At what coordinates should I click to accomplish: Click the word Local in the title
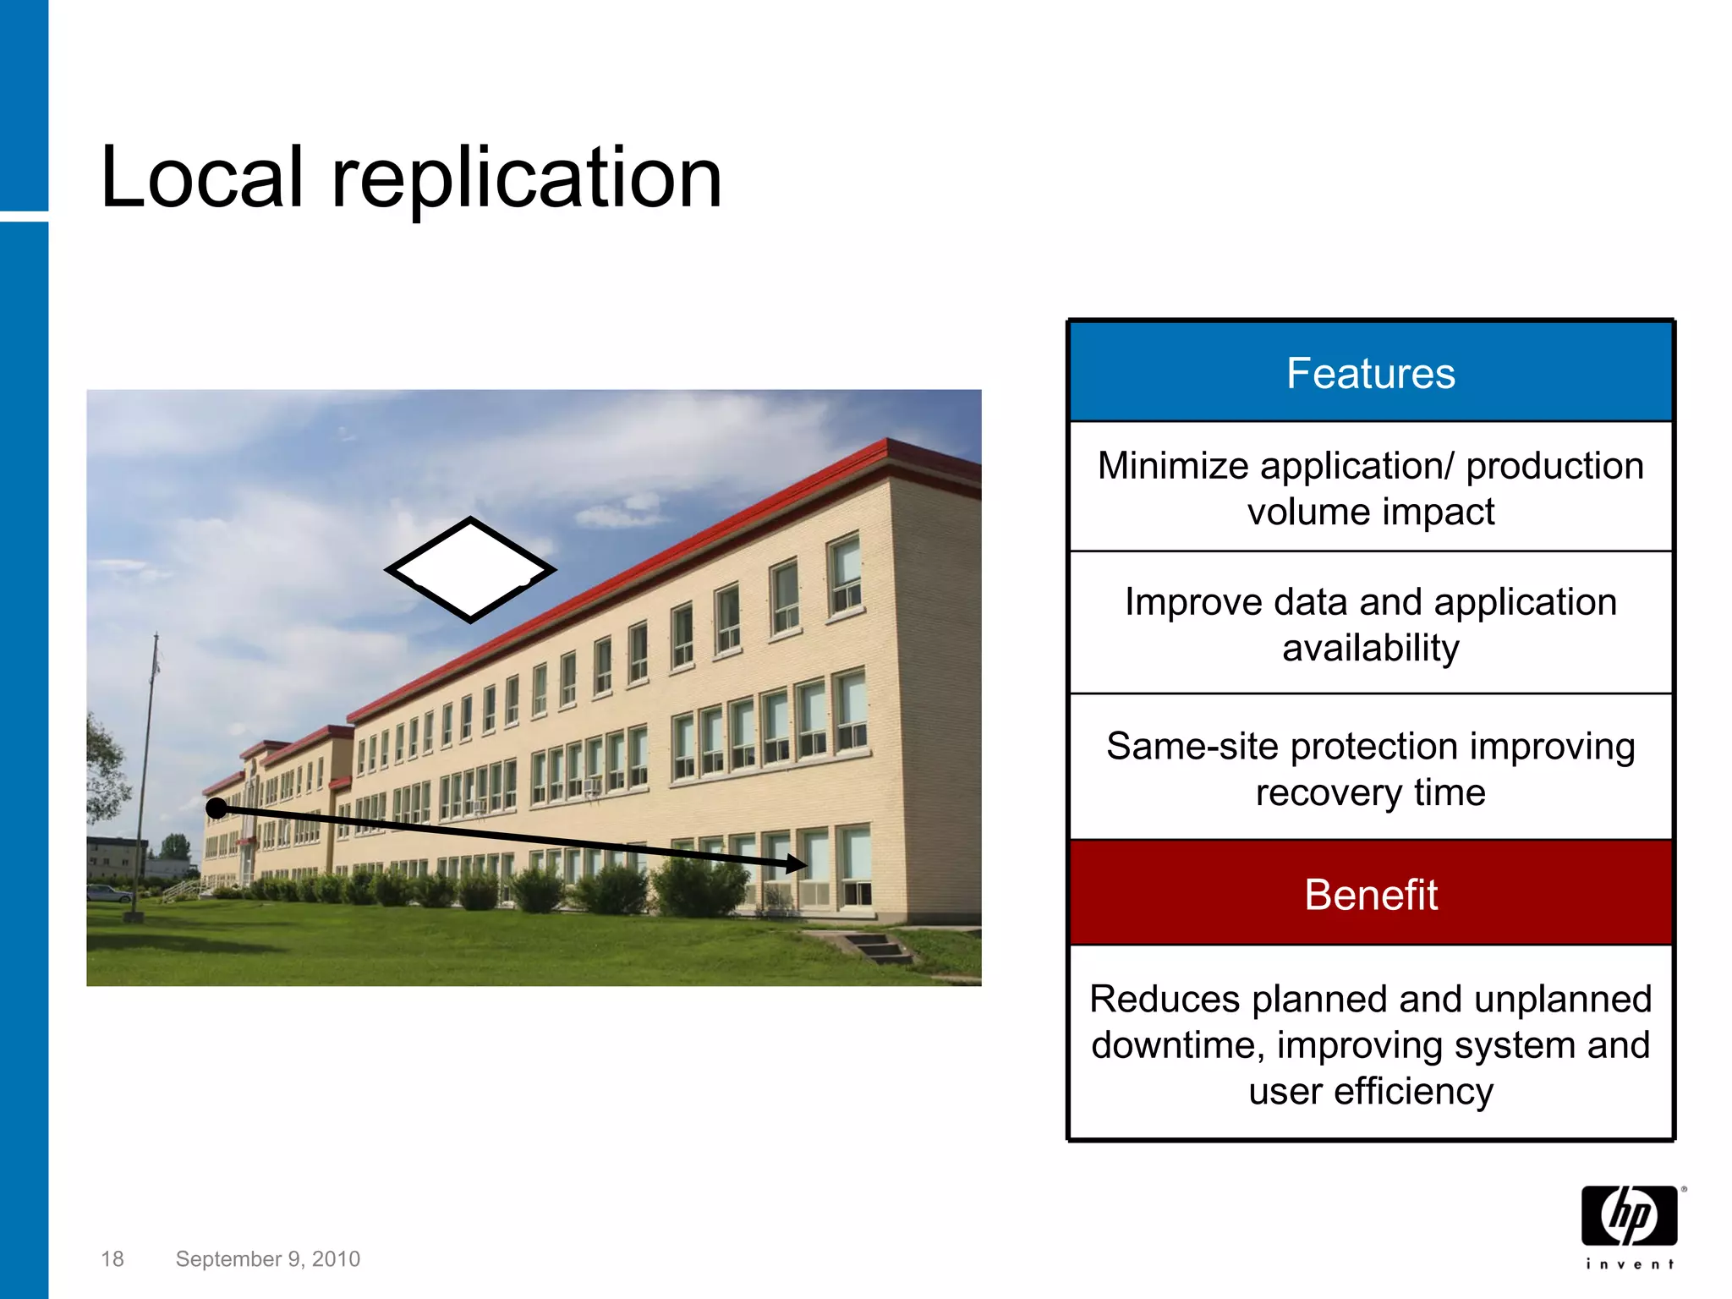pyautogui.click(x=201, y=178)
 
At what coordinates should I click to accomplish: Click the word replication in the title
pyautogui.click(x=526, y=179)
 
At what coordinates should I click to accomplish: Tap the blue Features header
pyautogui.click(x=1370, y=373)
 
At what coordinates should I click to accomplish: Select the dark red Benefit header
pyautogui.click(x=1370, y=894)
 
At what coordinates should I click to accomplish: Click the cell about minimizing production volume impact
pyautogui.click(x=1370, y=488)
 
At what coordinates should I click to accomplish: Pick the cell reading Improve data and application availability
pyautogui.click(x=1370, y=624)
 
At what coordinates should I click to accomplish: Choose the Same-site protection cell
pyautogui.click(x=1370, y=768)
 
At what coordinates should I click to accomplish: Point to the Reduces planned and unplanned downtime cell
pyautogui.click(x=1370, y=1044)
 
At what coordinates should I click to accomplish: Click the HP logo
pyautogui.click(x=1629, y=1215)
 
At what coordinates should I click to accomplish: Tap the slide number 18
pyautogui.click(x=112, y=1259)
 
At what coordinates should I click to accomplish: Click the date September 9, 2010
pyautogui.click(x=267, y=1259)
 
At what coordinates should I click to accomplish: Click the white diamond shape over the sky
pyautogui.click(x=470, y=570)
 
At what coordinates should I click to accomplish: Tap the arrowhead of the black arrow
pyautogui.click(x=797, y=863)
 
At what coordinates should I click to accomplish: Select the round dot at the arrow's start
pyautogui.click(x=216, y=808)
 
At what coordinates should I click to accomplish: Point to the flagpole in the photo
pyautogui.click(x=147, y=761)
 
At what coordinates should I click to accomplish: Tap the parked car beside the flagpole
pyautogui.click(x=107, y=893)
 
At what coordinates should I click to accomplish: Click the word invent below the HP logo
pyautogui.click(x=1629, y=1264)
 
